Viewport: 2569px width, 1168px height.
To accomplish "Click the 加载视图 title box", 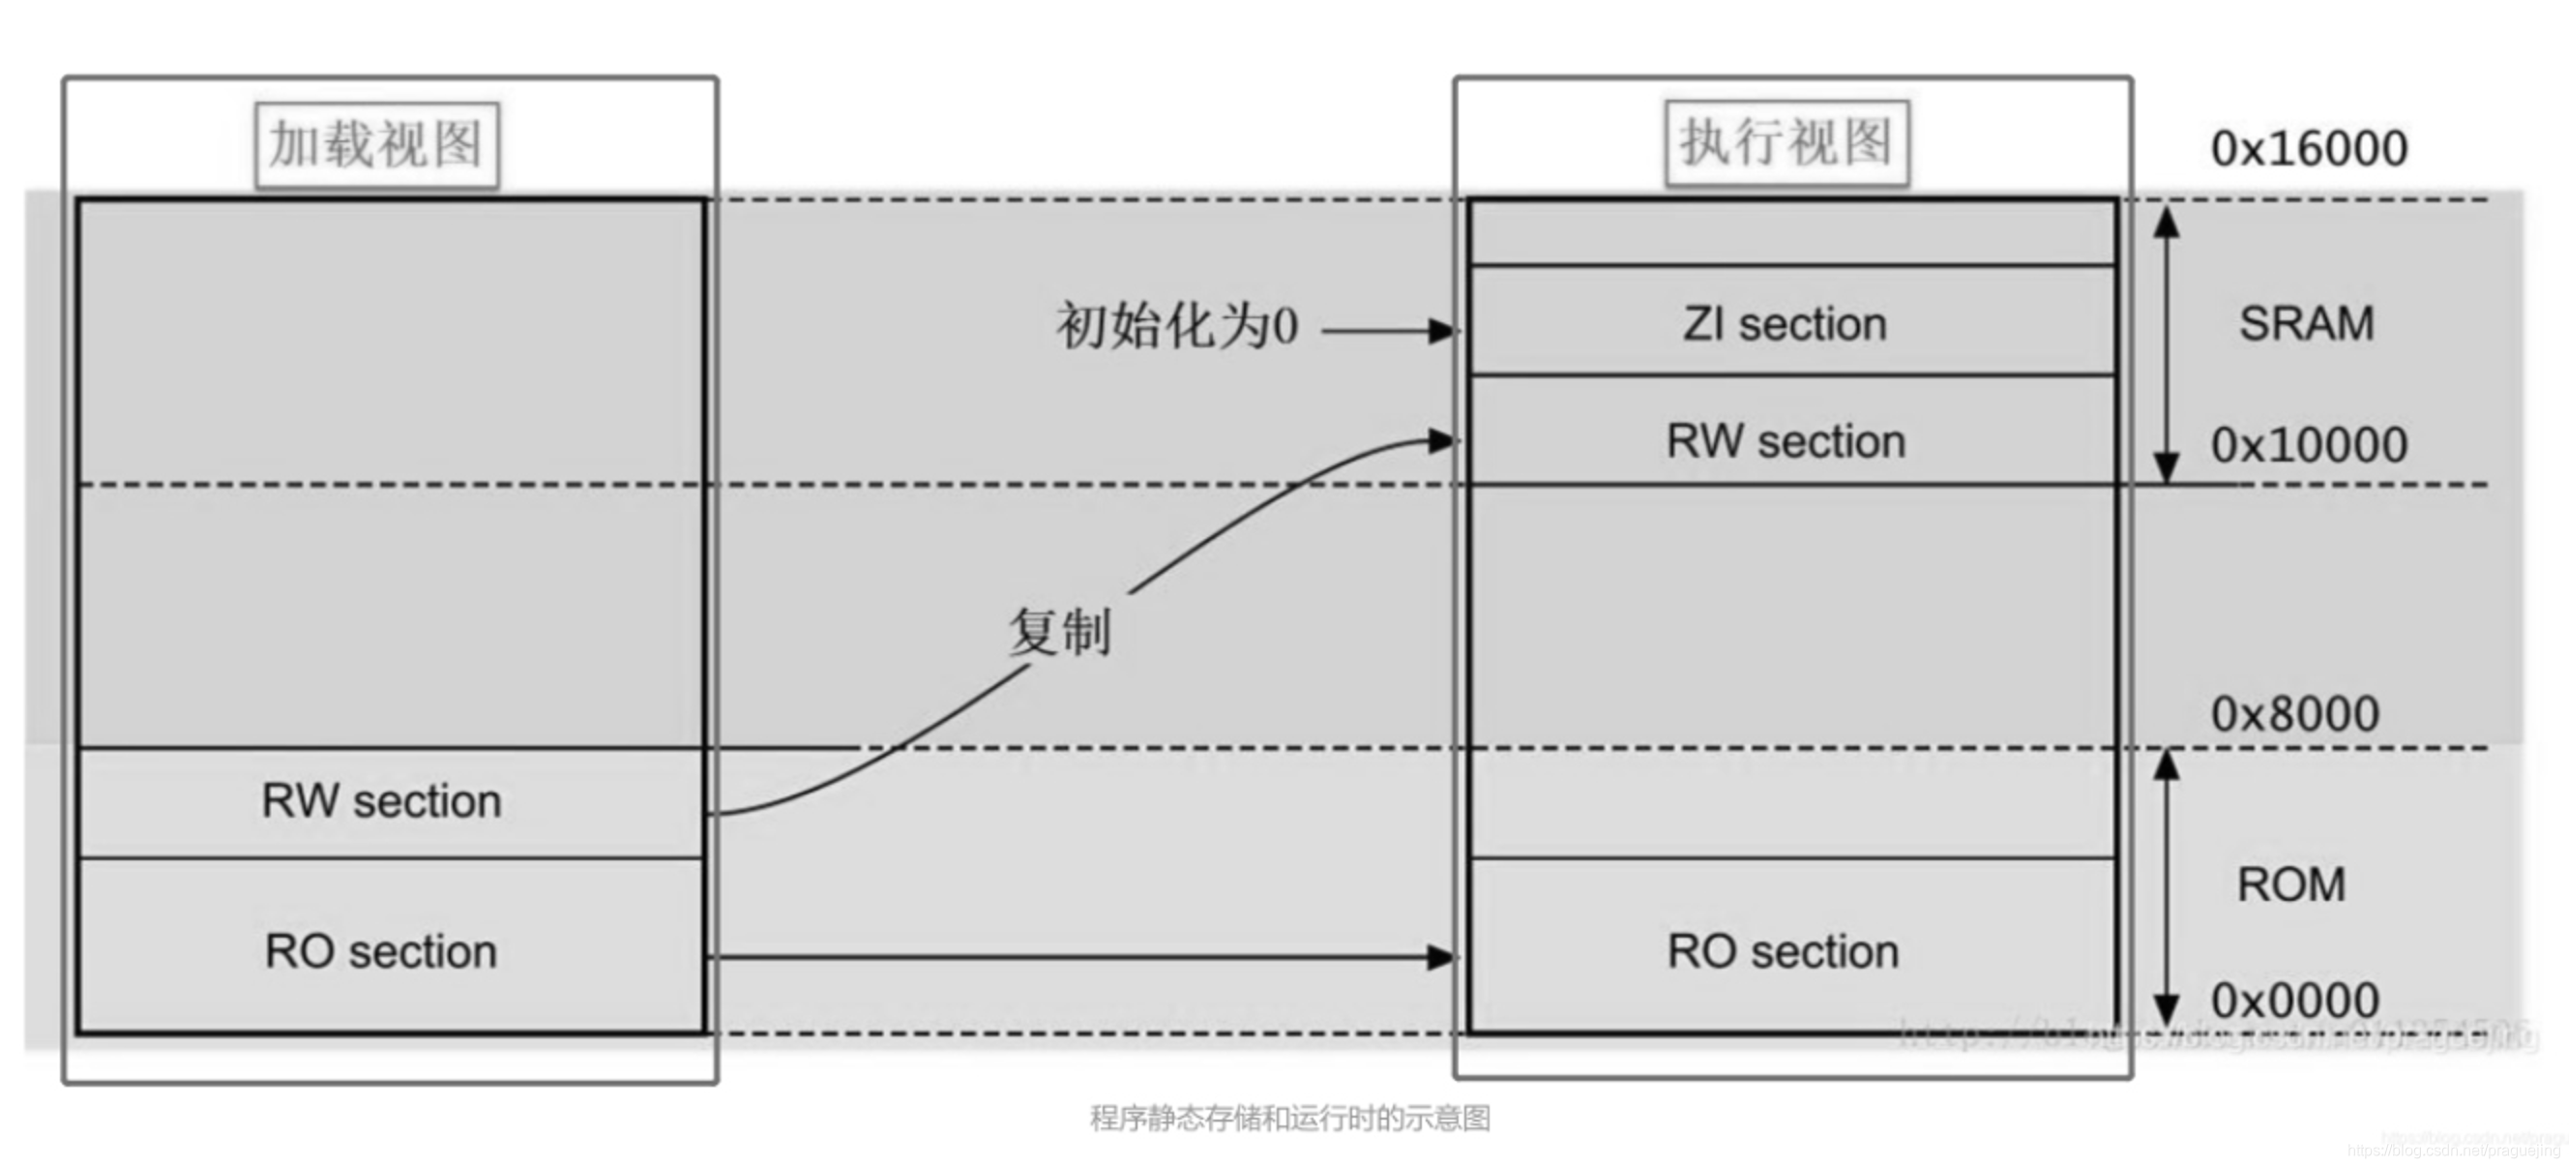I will (377, 144).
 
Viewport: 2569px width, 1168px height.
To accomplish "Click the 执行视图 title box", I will (1786, 142).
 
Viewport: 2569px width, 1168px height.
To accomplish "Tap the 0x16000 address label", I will (2309, 149).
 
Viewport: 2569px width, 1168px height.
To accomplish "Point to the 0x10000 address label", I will (2309, 445).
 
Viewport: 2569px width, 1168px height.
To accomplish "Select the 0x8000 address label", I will (2294, 714).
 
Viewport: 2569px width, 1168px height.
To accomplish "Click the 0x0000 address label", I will (2294, 1001).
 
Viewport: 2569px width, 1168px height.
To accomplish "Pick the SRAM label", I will (2306, 323).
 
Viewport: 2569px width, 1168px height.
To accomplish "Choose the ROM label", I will (2290, 884).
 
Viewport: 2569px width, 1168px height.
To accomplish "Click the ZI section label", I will (1785, 324).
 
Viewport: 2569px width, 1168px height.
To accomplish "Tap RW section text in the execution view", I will (1786, 441).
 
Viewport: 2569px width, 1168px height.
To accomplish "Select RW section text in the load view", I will (381, 801).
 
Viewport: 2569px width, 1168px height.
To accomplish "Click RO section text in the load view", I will (381, 951).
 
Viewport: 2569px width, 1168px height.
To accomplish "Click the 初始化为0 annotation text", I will (1177, 326).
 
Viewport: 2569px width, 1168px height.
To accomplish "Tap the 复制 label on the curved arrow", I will (1059, 632).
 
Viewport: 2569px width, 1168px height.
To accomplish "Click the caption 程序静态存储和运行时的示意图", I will (1289, 1118).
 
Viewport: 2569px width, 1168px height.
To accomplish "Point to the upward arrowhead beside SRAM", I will (2165, 222).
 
